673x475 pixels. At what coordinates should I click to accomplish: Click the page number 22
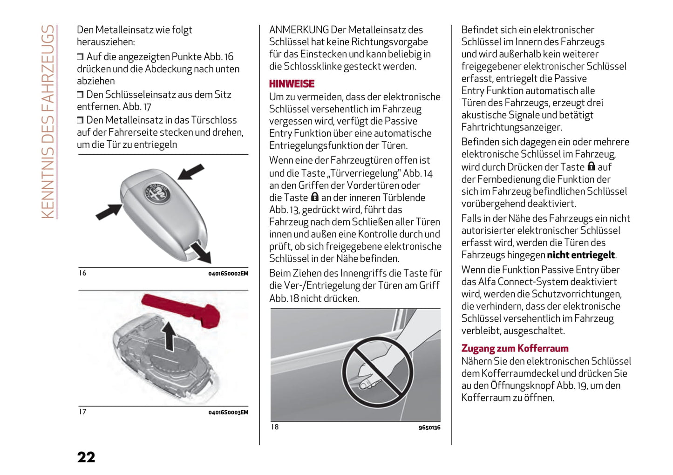[86, 457]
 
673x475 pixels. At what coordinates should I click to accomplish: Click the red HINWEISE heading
[292, 84]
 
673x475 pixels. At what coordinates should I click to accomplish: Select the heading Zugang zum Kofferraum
[515, 348]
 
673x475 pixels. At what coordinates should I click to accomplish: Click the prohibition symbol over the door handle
[377, 372]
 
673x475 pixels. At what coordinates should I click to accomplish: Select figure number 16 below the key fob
[82, 273]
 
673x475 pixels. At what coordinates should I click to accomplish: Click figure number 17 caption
[82, 412]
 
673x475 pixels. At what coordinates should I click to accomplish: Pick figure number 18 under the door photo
[275, 427]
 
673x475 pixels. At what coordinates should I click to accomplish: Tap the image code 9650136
[429, 427]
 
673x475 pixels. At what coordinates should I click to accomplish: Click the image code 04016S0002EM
[228, 274]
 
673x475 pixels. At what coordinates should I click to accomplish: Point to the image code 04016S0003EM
[228, 413]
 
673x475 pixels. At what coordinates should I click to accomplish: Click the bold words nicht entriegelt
[581, 255]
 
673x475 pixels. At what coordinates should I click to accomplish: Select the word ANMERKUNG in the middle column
[299, 30]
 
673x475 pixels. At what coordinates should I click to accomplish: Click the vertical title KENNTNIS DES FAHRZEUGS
[48, 121]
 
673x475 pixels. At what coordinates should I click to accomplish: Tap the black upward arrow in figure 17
[169, 337]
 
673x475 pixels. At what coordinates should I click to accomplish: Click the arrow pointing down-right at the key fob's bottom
[201, 253]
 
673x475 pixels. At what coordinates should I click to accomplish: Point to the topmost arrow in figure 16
[191, 171]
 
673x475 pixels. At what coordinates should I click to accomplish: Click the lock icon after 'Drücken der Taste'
[591, 166]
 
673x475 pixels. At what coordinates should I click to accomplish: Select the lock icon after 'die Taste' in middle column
[315, 197]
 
